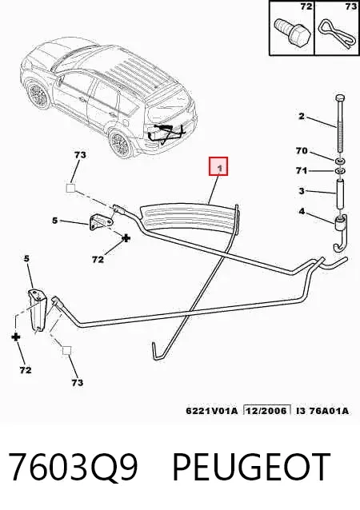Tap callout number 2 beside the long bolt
pyautogui.click(x=302, y=116)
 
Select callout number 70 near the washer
pyautogui.click(x=302, y=151)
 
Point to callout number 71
pyautogui.click(x=302, y=170)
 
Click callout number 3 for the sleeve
pyautogui.click(x=302, y=190)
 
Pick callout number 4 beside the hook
pyautogui.click(x=302, y=211)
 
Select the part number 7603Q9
pyautogui.click(x=73, y=467)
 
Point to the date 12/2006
pyautogui.click(x=267, y=411)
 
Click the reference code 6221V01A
pyautogui.click(x=212, y=411)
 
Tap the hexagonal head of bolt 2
pyautogui.click(x=339, y=98)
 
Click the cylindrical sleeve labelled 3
pyautogui.click(x=340, y=194)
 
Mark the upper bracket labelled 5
pyautogui.click(x=101, y=221)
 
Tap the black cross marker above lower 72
pyautogui.click(x=15, y=337)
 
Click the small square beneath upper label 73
pyautogui.click(x=70, y=188)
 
